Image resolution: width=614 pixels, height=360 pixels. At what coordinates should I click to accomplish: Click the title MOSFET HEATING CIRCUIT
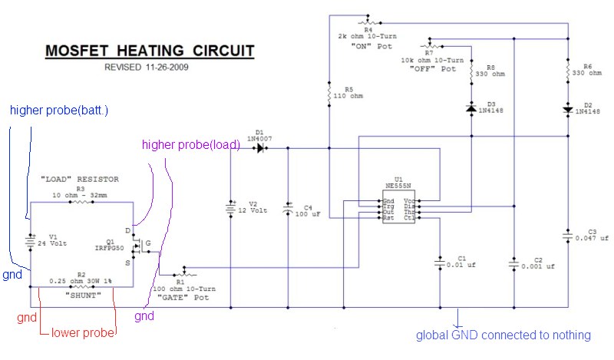click(150, 51)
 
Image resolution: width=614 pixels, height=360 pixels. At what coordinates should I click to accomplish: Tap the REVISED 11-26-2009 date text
click(146, 67)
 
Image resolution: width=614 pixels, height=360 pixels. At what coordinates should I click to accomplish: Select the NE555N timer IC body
click(398, 206)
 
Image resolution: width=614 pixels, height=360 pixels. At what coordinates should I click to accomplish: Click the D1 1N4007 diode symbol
click(260, 148)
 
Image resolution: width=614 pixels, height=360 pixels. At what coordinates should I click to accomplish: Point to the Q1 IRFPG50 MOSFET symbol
click(137, 246)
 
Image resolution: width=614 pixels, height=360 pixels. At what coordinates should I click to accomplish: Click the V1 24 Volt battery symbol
click(30, 242)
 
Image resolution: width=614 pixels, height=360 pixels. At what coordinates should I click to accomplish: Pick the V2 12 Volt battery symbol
click(231, 208)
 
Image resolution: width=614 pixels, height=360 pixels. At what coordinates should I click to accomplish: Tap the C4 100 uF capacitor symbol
click(288, 210)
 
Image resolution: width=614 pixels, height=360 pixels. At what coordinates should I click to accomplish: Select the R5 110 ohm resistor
click(329, 94)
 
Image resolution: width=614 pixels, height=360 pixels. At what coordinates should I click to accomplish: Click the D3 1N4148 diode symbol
click(471, 107)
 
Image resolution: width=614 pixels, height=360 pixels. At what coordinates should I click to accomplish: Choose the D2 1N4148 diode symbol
click(568, 110)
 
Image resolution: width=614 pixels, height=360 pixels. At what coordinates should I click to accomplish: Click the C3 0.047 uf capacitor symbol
click(568, 236)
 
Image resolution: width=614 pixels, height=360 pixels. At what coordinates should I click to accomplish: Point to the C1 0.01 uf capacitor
click(440, 263)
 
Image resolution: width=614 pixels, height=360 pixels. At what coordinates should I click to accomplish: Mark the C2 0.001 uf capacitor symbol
click(513, 264)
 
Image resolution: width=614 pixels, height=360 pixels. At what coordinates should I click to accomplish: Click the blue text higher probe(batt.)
click(59, 111)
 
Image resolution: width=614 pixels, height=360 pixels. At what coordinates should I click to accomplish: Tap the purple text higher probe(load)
click(190, 145)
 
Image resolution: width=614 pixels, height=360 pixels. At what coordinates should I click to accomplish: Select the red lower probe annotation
click(83, 333)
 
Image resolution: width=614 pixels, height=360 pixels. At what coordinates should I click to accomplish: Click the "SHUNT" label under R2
click(83, 296)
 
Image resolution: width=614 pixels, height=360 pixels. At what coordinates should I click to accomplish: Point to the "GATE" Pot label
click(183, 297)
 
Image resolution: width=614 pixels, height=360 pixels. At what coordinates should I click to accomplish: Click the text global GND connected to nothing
click(503, 335)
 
